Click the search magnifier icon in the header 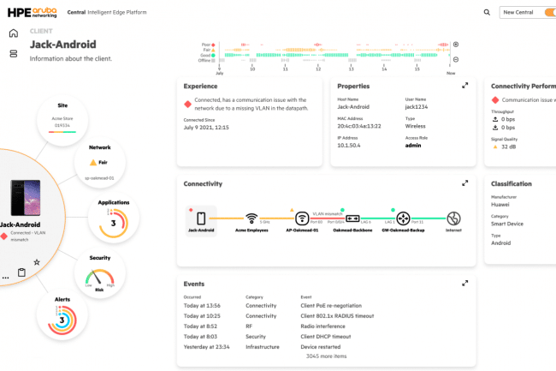[x=488, y=13]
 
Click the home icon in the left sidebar [x=13, y=33]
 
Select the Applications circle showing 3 [x=114, y=218]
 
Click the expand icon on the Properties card [x=465, y=86]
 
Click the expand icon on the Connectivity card [x=465, y=183]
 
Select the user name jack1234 [x=417, y=106]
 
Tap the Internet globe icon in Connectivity [x=454, y=218]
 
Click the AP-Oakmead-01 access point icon [x=302, y=218]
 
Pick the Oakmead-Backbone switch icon [x=352, y=218]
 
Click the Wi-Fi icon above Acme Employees [x=251, y=218]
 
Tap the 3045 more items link [x=325, y=356]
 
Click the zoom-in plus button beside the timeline [x=456, y=45]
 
